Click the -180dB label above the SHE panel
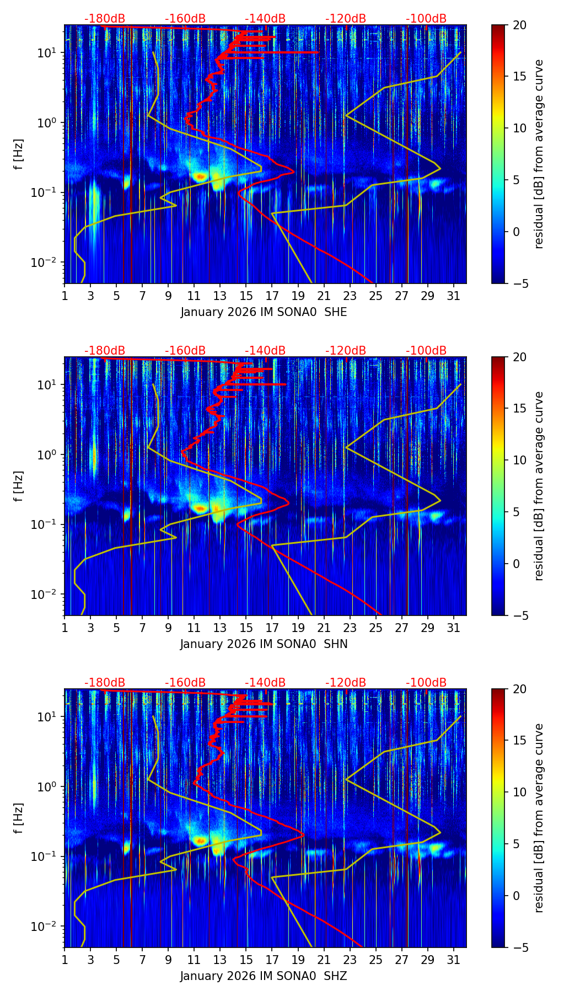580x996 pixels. point(105,19)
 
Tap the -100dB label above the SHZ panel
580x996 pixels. point(426,683)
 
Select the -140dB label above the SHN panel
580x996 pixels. point(265,351)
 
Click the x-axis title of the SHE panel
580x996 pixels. point(264,312)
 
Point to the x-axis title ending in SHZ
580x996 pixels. point(264,976)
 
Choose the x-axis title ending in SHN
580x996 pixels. point(264,644)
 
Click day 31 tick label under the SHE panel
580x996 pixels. point(454,296)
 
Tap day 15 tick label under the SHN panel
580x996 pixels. point(246,628)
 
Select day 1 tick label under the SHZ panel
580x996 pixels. point(65,960)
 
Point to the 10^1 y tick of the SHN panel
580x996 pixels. point(46,384)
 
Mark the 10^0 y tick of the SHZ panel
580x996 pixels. point(46,786)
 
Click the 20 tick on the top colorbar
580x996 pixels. point(519,25)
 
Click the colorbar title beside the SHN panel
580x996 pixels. point(539,486)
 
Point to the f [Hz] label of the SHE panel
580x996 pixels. point(19,154)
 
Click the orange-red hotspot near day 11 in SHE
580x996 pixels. point(200,176)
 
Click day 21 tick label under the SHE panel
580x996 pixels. point(324,296)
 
